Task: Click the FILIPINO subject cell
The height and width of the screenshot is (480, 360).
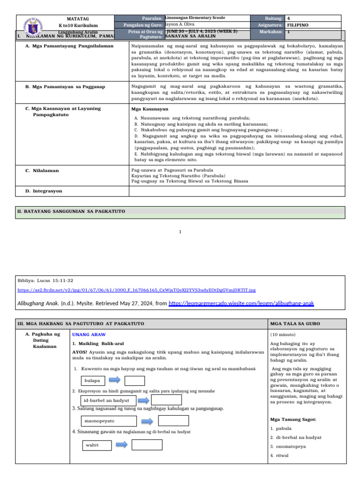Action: [298, 25]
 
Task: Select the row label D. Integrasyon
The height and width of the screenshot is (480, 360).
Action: [44, 191]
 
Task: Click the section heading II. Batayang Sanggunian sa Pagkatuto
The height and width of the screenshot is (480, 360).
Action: [71, 211]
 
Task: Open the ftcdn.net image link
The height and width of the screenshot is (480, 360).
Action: [136, 290]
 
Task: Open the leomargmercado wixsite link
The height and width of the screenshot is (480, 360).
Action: [241, 303]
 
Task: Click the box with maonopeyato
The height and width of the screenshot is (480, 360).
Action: [109, 421]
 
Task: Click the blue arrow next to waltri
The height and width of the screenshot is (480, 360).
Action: [121, 444]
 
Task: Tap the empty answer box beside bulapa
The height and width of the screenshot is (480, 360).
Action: [135, 380]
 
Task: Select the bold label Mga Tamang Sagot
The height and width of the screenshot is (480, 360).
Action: [293, 419]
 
